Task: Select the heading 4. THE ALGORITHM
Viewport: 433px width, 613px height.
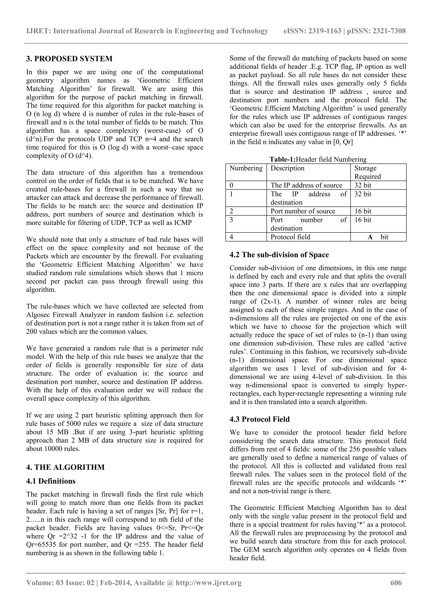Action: (x=65, y=467)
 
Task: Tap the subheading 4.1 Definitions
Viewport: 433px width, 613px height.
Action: (x=51, y=481)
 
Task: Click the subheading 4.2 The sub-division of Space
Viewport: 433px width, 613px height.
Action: (x=279, y=255)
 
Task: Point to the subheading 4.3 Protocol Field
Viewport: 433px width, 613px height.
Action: (x=259, y=419)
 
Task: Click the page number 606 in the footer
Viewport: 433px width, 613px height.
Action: (x=396, y=583)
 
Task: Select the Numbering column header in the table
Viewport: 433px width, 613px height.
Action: (x=246, y=168)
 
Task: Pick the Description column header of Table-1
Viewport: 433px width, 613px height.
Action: (x=287, y=168)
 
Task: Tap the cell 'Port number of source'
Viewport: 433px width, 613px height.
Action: (x=303, y=211)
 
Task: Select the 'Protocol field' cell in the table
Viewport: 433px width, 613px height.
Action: (x=290, y=237)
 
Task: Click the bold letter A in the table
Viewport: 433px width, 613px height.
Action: (x=370, y=237)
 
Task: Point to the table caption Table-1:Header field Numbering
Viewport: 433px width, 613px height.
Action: (x=318, y=159)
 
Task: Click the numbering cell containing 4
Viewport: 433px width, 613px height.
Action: (x=231, y=237)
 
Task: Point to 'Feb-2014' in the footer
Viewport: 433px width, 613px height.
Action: (x=116, y=583)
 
